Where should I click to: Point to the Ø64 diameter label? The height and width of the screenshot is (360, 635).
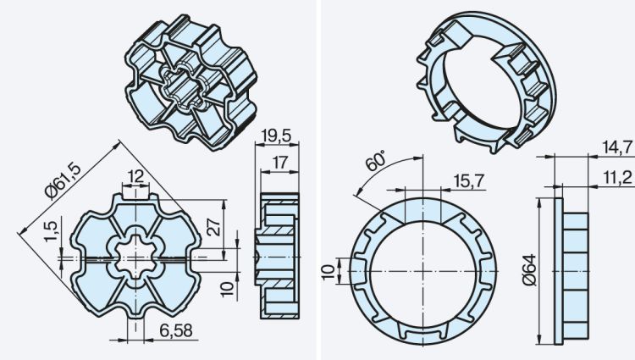(530, 270)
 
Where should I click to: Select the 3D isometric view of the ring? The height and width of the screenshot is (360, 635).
(483, 80)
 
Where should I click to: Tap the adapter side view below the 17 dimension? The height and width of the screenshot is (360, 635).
(279, 255)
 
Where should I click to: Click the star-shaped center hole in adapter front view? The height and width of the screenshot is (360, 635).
(135, 254)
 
